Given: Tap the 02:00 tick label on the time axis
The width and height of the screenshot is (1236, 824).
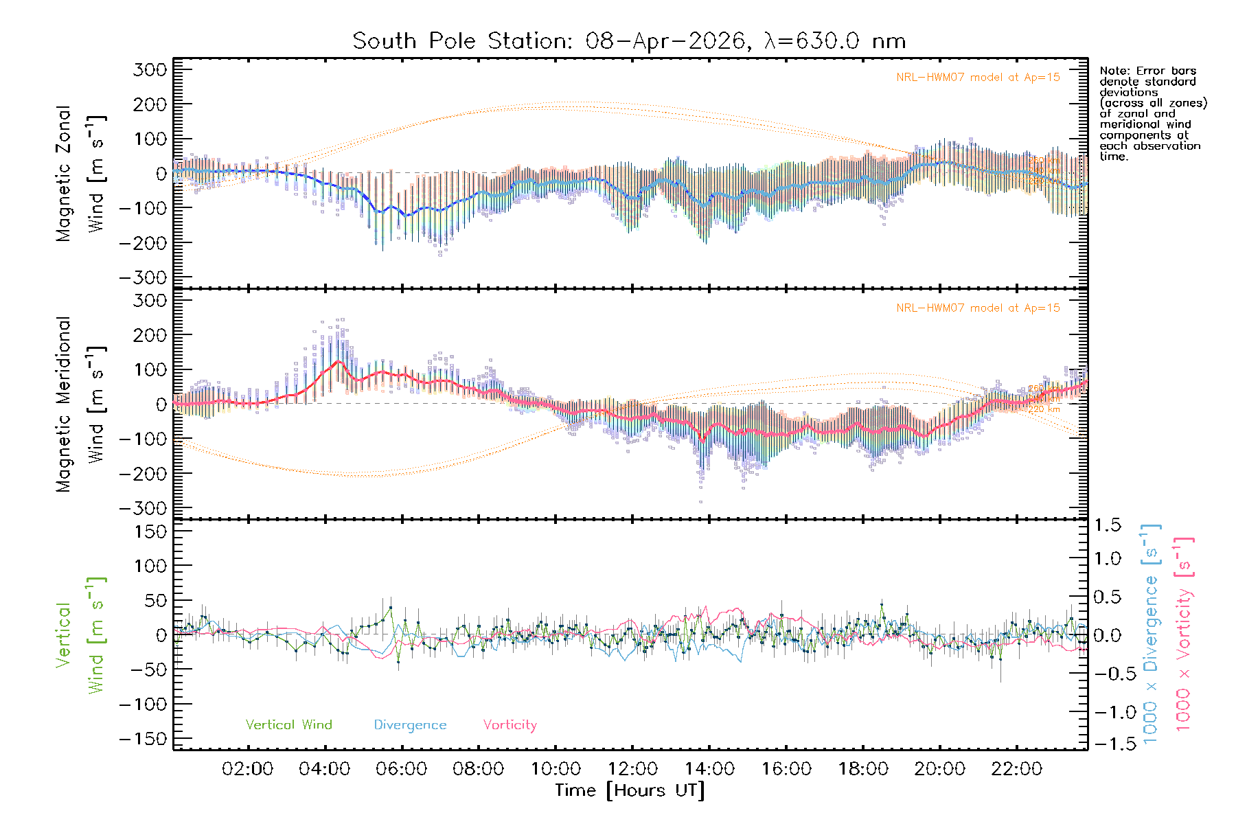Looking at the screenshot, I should tap(247, 768).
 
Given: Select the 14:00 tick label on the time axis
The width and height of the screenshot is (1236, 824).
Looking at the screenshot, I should tap(709, 768).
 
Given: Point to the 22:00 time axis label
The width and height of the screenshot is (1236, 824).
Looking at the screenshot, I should tap(1016, 768).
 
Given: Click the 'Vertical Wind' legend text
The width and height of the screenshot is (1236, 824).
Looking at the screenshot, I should tap(288, 724).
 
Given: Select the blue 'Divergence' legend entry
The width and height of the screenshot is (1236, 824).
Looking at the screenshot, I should tap(410, 724).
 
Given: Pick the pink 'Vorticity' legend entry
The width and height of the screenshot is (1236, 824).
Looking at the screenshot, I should tap(510, 724).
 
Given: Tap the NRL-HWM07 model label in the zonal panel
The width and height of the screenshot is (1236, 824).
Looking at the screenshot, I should tap(978, 78).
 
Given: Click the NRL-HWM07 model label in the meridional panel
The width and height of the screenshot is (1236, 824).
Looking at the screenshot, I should tap(978, 308).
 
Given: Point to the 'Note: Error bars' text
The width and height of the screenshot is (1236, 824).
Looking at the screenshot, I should tap(1147, 71).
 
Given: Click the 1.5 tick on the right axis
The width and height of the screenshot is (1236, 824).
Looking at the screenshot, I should tap(1107, 525).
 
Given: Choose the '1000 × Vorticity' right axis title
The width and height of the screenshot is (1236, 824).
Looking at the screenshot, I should tap(1184, 634).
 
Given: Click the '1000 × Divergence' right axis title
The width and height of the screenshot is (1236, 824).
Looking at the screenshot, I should tap(1151, 634).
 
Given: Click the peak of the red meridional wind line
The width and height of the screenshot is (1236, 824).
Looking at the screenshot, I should tap(339, 361).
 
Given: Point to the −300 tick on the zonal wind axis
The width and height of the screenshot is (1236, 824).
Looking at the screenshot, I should tap(143, 277).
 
